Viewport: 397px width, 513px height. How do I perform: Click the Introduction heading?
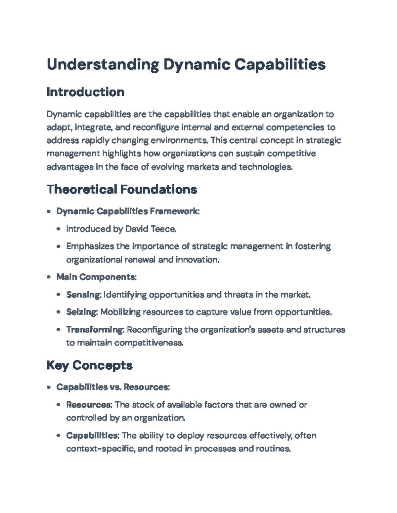pyautogui.click(x=85, y=92)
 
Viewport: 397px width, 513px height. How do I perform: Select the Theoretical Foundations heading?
pyautogui.click(x=122, y=189)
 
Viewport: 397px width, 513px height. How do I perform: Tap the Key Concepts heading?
pyautogui.click(x=89, y=365)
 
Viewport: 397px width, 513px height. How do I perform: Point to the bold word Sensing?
pyautogui.click(x=83, y=295)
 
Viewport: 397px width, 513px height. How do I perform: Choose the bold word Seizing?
pyautogui.click(x=81, y=312)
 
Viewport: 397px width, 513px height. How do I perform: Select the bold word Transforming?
pyautogui.click(x=95, y=330)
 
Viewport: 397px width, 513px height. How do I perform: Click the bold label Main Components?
pyautogui.click(x=96, y=277)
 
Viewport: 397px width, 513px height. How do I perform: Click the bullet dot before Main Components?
pyautogui.click(x=49, y=277)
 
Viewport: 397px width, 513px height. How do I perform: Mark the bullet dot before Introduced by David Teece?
pyautogui.click(x=59, y=229)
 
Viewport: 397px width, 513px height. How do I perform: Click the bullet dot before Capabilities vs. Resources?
pyautogui.click(x=49, y=387)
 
